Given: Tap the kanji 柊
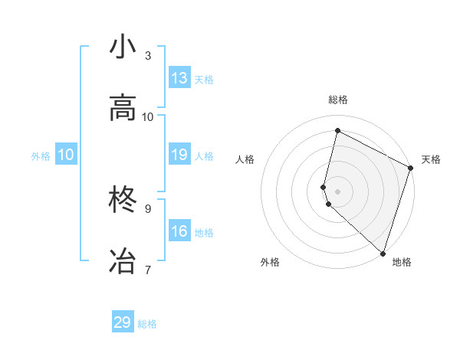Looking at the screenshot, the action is point(123,201).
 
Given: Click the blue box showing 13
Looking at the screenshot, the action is point(179,78).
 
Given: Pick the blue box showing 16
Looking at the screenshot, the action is point(179,231).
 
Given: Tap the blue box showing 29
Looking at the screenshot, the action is point(123,322).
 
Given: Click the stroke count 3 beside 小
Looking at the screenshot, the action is point(148,56).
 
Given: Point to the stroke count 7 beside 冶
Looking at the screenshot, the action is point(148,270).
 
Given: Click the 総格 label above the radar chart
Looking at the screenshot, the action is point(338,100).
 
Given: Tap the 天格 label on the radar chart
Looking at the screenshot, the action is point(431,159).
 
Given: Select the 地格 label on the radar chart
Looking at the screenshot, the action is point(402,262).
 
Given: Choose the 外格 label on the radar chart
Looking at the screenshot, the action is point(270,262).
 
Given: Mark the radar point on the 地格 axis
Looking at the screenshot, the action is point(383,252).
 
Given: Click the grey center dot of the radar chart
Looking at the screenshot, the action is point(338,191).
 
